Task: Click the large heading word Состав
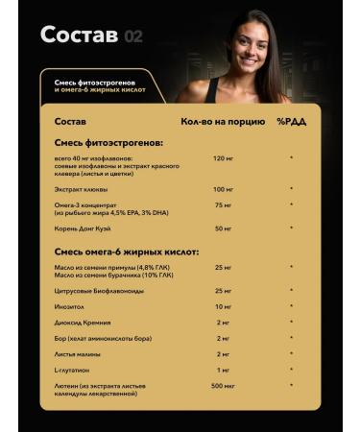click(x=81, y=36)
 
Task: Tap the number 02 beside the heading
click(x=133, y=37)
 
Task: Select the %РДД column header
click(x=291, y=123)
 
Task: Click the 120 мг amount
click(x=224, y=157)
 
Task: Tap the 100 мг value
click(x=224, y=189)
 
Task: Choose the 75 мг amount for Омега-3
click(x=224, y=204)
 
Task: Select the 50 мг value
click(x=224, y=228)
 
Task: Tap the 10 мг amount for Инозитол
click(x=224, y=306)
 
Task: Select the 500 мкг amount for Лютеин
click(x=224, y=386)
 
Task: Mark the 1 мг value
click(x=224, y=370)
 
